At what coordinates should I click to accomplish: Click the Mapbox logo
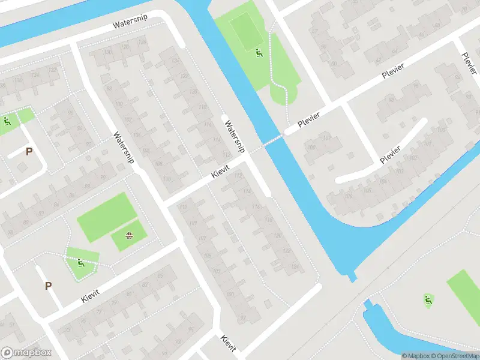(x=25, y=353)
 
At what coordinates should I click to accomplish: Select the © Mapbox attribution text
(x=415, y=356)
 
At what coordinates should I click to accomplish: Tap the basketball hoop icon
(x=128, y=235)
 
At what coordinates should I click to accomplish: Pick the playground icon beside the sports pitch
(x=259, y=53)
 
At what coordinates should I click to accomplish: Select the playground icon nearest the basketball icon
(x=80, y=262)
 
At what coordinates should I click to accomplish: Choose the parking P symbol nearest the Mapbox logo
(x=48, y=286)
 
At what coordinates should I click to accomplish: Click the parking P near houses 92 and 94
(x=28, y=152)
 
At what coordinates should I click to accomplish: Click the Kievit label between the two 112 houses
(x=221, y=170)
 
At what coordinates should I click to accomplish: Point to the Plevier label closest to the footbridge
(x=307, y=120)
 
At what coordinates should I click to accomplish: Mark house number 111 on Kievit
(x=182, y=208)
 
